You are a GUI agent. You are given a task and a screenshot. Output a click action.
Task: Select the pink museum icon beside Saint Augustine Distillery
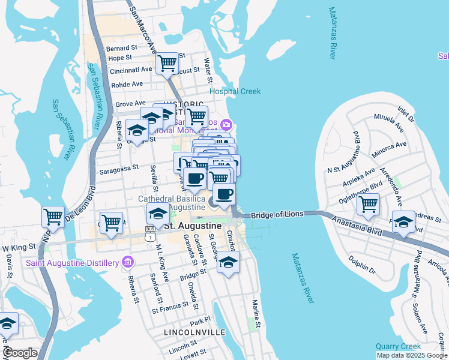[127, 262]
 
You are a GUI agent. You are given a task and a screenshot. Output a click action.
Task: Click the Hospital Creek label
[235, 91]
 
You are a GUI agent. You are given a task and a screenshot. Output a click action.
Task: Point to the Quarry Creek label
[398, 346]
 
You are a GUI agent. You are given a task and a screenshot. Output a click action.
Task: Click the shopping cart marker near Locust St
[167, 62]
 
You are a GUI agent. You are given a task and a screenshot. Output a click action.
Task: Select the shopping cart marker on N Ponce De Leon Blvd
[53, 216]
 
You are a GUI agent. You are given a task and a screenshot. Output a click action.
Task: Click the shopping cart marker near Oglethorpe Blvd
[368, 204]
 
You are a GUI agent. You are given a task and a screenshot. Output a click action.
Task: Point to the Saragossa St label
[119, 169]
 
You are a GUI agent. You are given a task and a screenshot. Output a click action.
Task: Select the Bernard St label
[122, 48]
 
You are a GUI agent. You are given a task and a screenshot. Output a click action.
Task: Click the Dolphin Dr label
[362, 265]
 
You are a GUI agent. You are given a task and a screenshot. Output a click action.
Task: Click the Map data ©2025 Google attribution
[412, 355]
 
